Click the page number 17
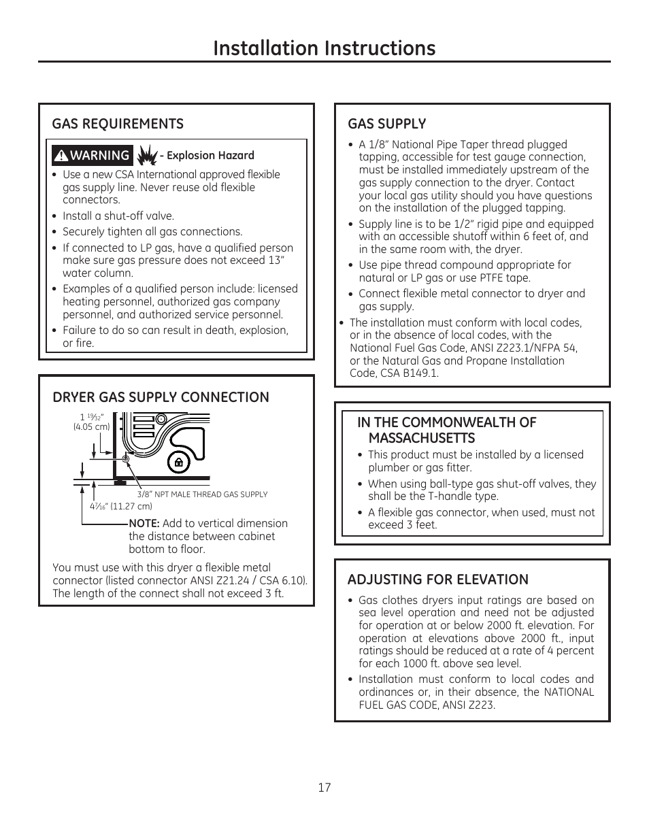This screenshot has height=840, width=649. click(x=324, y=787)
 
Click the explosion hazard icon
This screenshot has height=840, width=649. click(x=147, y=155)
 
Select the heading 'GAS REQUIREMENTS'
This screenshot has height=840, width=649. click(x=118, y=124)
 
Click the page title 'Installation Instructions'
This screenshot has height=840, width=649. click(x=324, y=48)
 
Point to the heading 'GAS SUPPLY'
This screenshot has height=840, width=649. click(x=386, y=124)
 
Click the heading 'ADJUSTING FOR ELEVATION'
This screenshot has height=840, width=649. click(x=437, y=579)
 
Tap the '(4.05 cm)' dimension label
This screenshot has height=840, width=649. click(x=92, y=427)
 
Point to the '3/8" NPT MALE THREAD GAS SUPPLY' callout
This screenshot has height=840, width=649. click(x=202, y=494)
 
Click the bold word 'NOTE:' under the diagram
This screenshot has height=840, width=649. click(x=144, y=523)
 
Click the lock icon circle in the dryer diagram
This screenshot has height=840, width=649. click(x=178, y=463)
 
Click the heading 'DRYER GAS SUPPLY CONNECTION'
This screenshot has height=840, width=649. click(x=161, y=397)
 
